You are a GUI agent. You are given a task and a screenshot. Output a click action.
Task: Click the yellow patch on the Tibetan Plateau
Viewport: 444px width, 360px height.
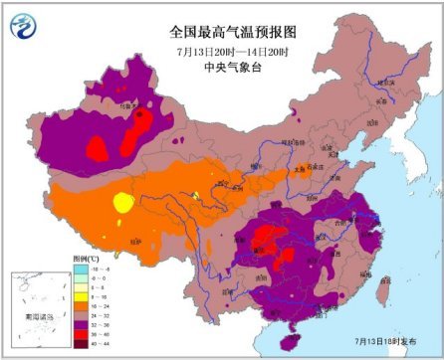(x=122, y=203)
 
